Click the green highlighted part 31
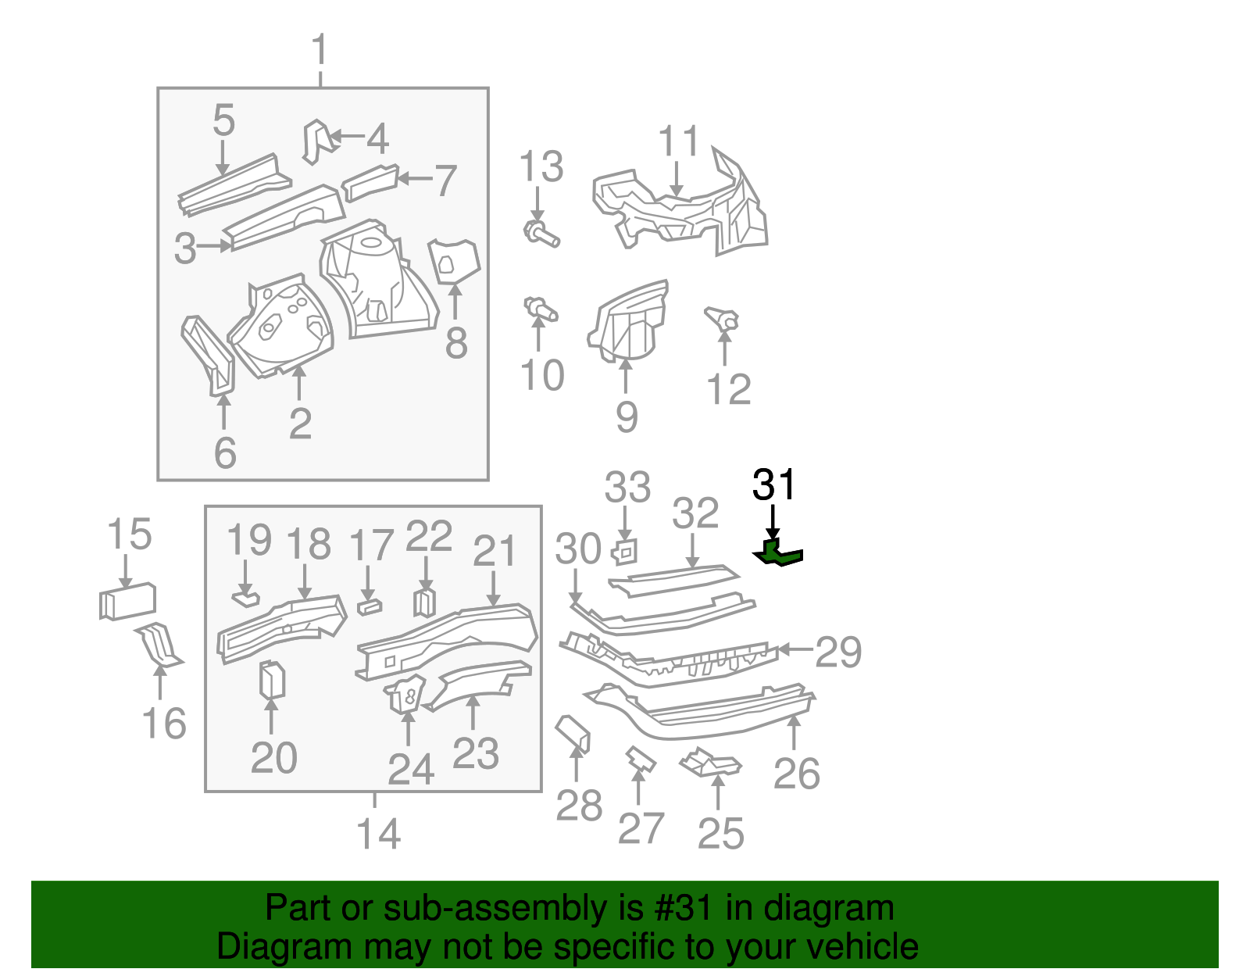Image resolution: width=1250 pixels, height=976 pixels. point(778,553)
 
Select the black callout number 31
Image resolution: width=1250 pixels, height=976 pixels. point(773,485)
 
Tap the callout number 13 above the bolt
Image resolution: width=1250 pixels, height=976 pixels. point(541,167)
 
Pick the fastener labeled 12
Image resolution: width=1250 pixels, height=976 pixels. point(723,319)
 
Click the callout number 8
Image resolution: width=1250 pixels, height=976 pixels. point(455,343)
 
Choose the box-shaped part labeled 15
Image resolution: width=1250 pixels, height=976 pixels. point(127,602)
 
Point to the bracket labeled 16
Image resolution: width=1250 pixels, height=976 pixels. point(160,645)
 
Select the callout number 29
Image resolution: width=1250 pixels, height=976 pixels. point(837,652)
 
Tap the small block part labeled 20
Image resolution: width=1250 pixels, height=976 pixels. point(271,679)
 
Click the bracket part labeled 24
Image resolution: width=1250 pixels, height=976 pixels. point(406,695)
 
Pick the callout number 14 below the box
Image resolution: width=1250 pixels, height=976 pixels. point(378,834)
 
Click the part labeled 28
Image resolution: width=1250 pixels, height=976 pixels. point(574,733)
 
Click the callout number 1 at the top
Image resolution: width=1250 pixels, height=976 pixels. point(320,52)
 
